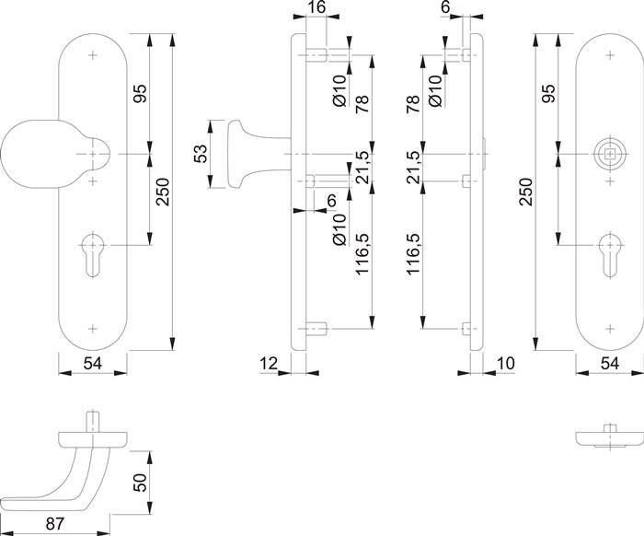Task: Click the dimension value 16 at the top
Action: click(x=316, y=8)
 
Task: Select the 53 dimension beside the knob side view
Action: click(x=200, y=155)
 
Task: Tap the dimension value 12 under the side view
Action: click(x=268, y=364)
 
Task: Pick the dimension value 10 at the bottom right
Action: click(x=503, y=364)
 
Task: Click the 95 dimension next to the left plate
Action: click(x=139, y=94)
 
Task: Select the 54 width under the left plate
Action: click(x=92, y=364)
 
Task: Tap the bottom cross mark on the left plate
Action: click(x=93, y=325)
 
